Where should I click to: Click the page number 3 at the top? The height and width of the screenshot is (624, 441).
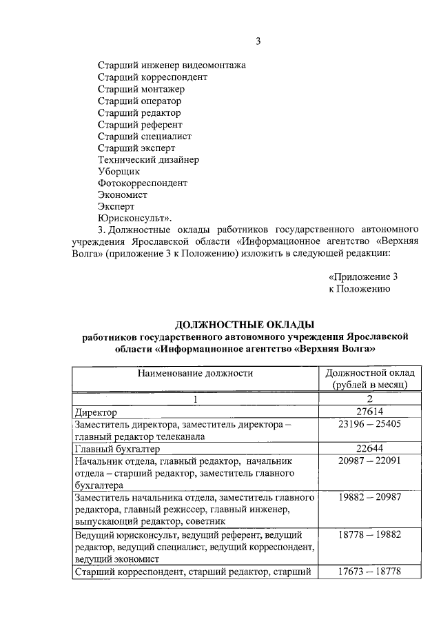(x=258, y=41)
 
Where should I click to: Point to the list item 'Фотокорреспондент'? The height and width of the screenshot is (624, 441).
(x=143, y=183)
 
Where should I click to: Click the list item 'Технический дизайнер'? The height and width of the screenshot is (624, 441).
(x=148, y=159)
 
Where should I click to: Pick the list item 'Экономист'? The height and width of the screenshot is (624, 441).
(x=123, y=195)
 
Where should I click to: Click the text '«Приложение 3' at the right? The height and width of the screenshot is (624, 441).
(x=363, y=277)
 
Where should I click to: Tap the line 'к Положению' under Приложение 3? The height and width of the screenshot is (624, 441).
(x=360, y=289)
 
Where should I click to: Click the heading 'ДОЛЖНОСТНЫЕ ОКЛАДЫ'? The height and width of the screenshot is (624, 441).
(x=245, y=324)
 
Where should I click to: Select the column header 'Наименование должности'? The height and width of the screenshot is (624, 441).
(x=195, y=373)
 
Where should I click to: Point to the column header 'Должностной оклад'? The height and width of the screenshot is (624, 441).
(x=369, y=373)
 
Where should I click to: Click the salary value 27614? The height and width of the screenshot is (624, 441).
(x=369, y=412)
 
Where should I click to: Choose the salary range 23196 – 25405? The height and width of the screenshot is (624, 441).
(x=369, y=424)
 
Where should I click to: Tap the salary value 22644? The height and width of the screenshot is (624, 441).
(x=369, y=448)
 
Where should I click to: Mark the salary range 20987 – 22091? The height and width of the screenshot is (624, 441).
(x=369, y=461)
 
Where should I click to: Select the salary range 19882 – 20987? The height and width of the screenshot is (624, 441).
(x=369, y=497)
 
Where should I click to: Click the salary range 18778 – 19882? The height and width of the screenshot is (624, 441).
(x=369, y=534)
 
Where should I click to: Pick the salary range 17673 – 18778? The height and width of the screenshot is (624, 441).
(x=369, y=572)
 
